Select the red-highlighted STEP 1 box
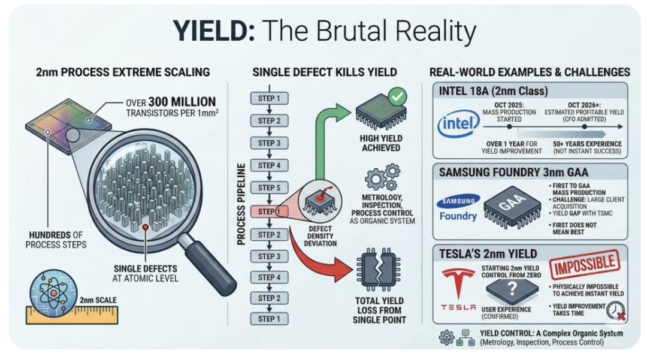(x=268, y=211)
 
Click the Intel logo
(x=459, y=125)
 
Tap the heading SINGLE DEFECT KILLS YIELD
(x=324, y=72)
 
